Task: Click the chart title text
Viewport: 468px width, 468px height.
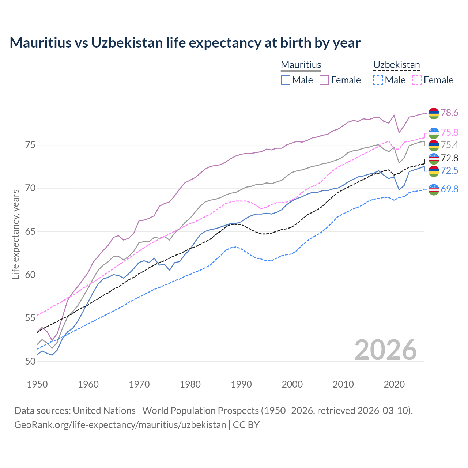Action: click(185, 43)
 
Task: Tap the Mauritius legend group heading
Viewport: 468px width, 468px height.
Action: click(301, 65)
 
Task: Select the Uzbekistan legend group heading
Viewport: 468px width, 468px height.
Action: click(396, 65)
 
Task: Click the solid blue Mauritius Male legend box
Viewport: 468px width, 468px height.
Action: click(286, 80)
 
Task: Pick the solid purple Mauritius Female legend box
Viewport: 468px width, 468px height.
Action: click(324, 80)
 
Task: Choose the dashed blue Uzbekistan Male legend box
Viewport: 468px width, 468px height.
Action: click(378, 80)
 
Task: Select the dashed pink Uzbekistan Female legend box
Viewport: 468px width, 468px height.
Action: click(417, 80)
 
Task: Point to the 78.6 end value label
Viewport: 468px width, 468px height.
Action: click(449, 113)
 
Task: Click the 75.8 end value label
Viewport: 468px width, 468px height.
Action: click(449, 132)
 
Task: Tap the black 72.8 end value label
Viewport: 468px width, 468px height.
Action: click(449, 158)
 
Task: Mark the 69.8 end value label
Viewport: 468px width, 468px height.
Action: click(449, 189)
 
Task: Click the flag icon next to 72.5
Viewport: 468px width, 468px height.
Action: click(434, 170)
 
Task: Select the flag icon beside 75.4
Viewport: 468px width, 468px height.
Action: click(434, 145)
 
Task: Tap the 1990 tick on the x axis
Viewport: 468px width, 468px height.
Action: click(241, 384)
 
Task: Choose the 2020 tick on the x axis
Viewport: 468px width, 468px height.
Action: click(394, 384)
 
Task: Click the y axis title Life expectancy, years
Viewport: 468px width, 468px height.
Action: click(16, 234)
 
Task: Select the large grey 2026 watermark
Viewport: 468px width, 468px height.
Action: click(385, 350)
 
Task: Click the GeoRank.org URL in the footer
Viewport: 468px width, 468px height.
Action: click(120, 425)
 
